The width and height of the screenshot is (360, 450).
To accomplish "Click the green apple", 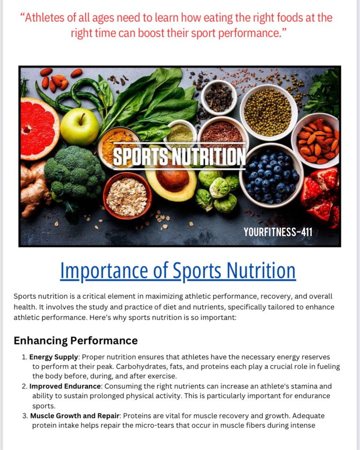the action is tap(80, 127).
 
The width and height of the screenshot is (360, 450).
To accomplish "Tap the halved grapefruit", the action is tap(39, 128).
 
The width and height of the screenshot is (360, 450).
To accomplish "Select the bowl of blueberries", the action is tap(271, 175).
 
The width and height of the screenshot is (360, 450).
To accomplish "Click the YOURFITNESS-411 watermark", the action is tap(278, 232).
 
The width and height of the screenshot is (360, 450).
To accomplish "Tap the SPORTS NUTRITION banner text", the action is tap(179, 157).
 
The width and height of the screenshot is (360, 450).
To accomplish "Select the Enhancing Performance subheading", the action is tap(76, 340).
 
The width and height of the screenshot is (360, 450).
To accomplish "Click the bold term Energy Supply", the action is tap(54, 357).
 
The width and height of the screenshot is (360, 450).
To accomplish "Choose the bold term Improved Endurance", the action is tap(65, 386).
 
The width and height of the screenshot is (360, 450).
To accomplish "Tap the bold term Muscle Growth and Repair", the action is tap(75, 416).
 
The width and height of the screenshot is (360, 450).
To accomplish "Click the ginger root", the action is tap(33, 188).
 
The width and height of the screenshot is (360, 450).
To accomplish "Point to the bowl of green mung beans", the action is tap(268, 112).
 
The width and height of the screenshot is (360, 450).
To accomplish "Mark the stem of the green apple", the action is tap(82, 118).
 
